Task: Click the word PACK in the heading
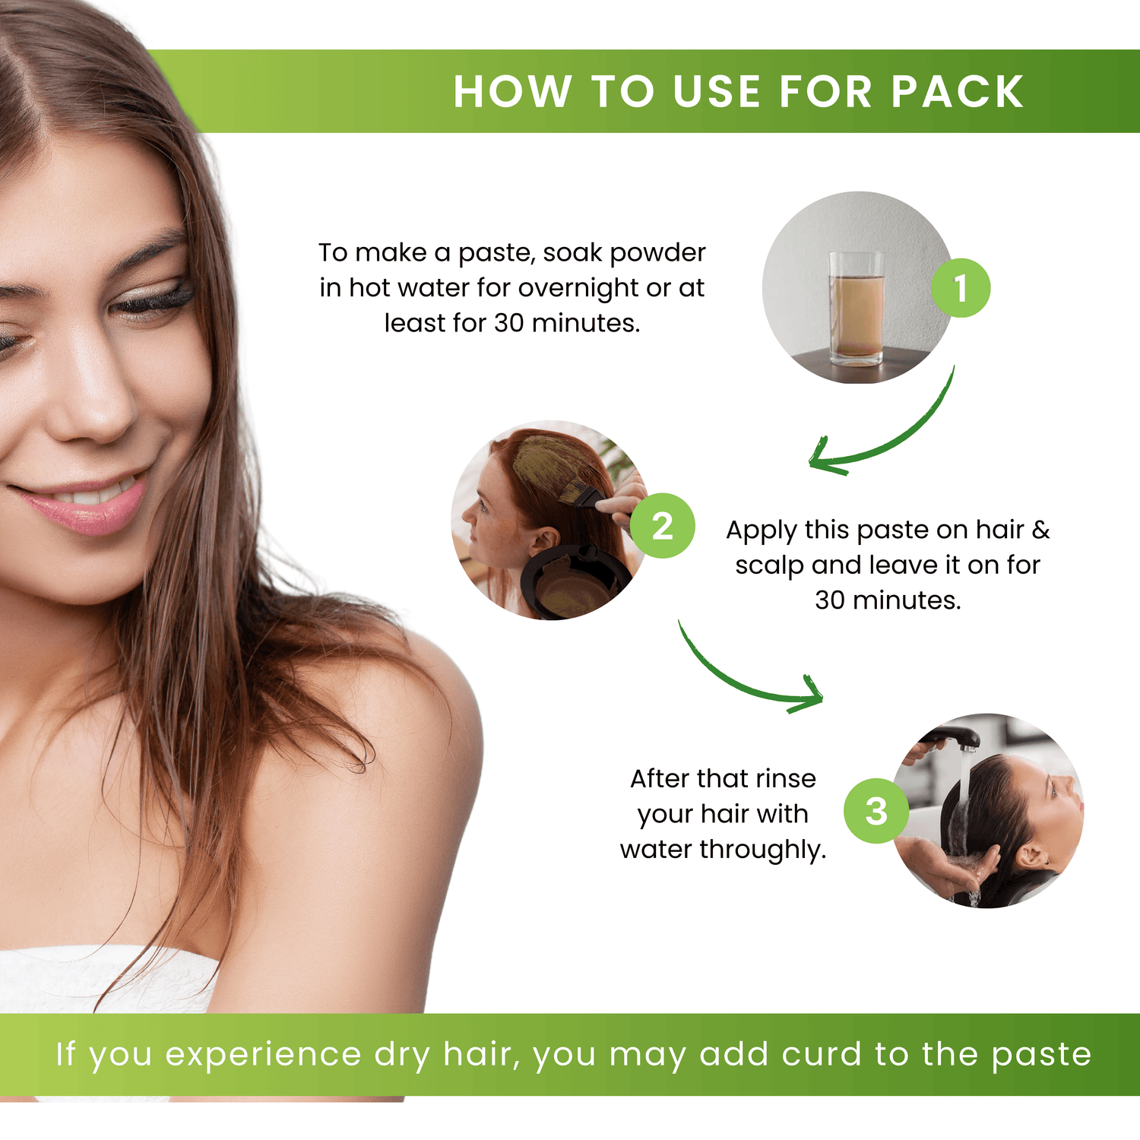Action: coord(958,92)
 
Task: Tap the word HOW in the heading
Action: coord(512,92)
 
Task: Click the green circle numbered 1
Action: coord(961,288)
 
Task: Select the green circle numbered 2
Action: coord(663,526)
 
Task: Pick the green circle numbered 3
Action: coord(876,811)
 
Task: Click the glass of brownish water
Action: coord(857,309)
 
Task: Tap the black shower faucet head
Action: coord(950,737)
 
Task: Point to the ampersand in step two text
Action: coord(1040,530)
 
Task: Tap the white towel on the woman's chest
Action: coord(106,980)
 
